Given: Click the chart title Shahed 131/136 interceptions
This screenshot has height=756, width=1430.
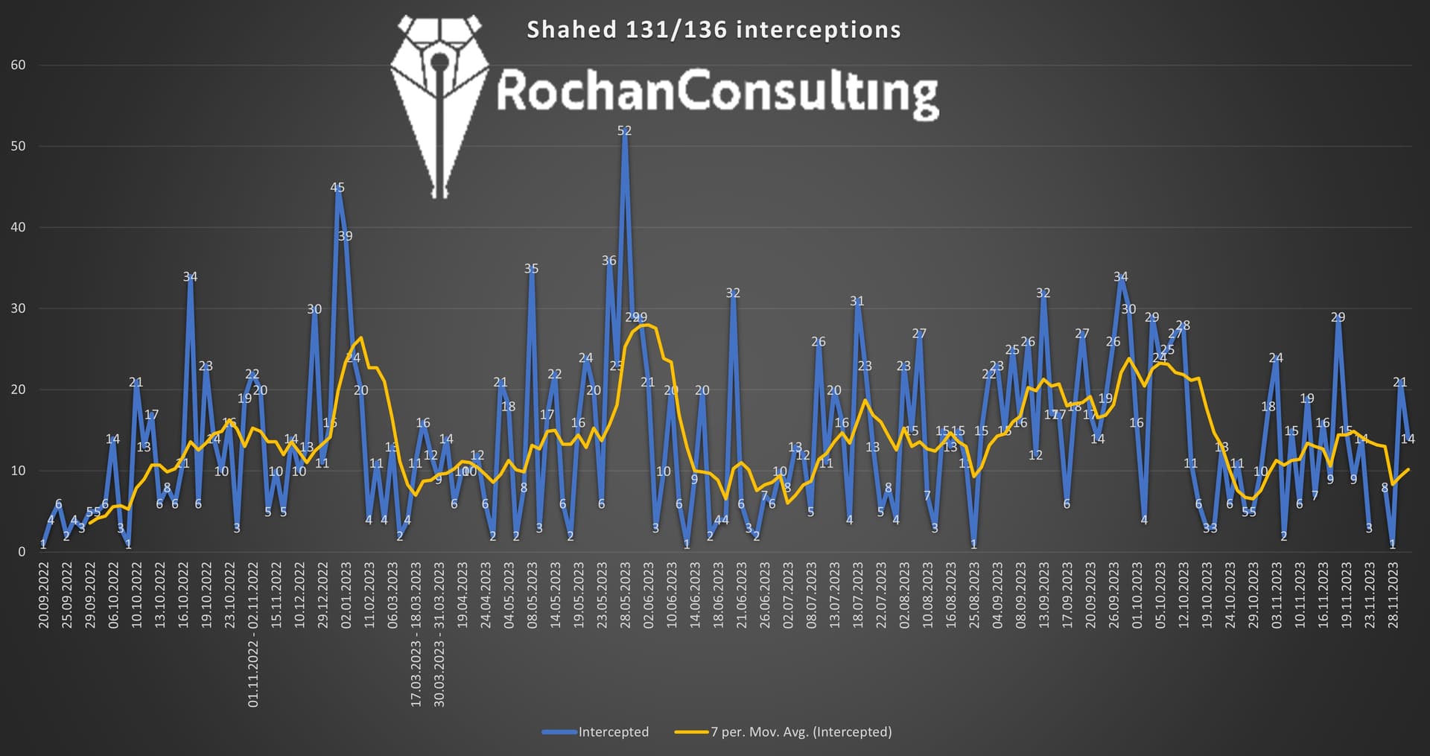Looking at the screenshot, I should [x=714, y=30].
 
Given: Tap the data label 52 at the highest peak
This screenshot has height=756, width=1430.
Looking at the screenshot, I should [x=624, y=130].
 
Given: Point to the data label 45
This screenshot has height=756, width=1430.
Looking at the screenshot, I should [x=337, y=188].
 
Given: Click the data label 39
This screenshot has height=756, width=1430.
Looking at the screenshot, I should [x=345, y=236].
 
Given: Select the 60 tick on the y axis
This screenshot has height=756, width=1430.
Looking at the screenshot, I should [x=18, y=65].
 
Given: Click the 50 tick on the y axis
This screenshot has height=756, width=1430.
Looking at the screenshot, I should [x=18, y=146].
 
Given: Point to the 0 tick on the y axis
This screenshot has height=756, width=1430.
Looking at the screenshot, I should [x=22, y=552].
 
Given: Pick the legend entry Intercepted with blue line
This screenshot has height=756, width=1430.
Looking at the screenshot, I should [x=596, y=731].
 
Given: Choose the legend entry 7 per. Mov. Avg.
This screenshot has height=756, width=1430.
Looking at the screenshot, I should [x=784, y=731].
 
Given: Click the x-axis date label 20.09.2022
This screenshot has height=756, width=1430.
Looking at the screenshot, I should [x=44, y=596].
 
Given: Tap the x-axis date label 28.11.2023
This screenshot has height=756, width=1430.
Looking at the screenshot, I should [x=1393, y=596].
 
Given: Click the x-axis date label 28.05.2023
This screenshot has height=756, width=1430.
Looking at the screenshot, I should [x=625, y=596].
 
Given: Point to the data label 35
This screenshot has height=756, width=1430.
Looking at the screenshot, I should [x=531, y=269].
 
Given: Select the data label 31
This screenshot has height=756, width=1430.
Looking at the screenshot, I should [x=857, y=302].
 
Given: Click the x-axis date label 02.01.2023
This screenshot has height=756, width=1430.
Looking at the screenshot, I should [x=346, y=596].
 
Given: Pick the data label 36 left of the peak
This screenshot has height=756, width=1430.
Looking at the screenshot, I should [x=609, y=261].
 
